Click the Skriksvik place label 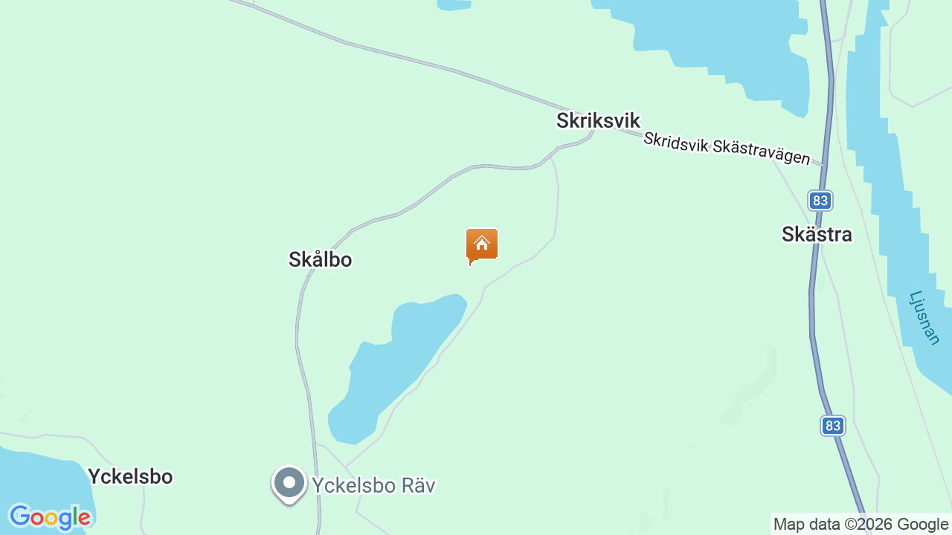[x=598, y=121]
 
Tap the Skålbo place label [x=320, y=259]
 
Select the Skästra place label [x=817, y=235]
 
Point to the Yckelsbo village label [x=130, y=476]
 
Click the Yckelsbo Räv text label [x=373, y=486]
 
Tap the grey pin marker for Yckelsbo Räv [x=289, y=484]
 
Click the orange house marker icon [x=482, y=245]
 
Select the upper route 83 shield [x=820, y=201]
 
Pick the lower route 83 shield [x=833, y=426]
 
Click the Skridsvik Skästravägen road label [x=726, y=149]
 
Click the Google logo [x=50, y=517]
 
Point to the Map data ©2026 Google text [x=861, y=525]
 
